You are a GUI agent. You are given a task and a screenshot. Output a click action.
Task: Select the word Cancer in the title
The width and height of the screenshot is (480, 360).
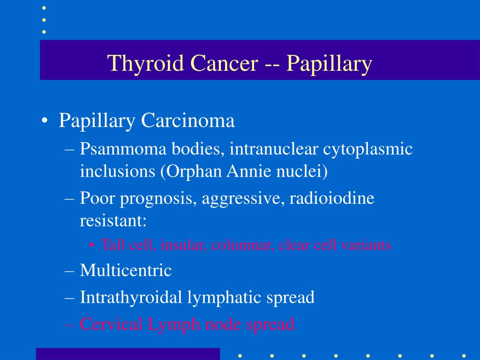coord(224,63)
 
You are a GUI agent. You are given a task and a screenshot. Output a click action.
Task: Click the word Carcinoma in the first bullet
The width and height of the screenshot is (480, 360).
coord(187,120)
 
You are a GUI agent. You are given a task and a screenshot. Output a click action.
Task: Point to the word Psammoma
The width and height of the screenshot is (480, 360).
coord(123,149)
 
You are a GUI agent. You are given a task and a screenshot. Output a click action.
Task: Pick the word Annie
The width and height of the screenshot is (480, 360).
coord(249,171)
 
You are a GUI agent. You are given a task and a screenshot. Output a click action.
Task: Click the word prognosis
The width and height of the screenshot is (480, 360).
coord(158,199)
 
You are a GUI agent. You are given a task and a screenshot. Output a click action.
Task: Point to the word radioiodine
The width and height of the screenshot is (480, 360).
coord(332,198)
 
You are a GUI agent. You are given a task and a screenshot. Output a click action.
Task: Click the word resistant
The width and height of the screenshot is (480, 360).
coord(113,220)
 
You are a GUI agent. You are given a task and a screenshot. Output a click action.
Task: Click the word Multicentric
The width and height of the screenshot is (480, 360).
coord(126,270)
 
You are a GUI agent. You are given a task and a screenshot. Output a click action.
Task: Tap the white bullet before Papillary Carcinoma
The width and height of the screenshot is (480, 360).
coord(45,120)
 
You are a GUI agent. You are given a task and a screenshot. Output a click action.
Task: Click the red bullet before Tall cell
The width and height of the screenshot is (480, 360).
coord(91,245)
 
